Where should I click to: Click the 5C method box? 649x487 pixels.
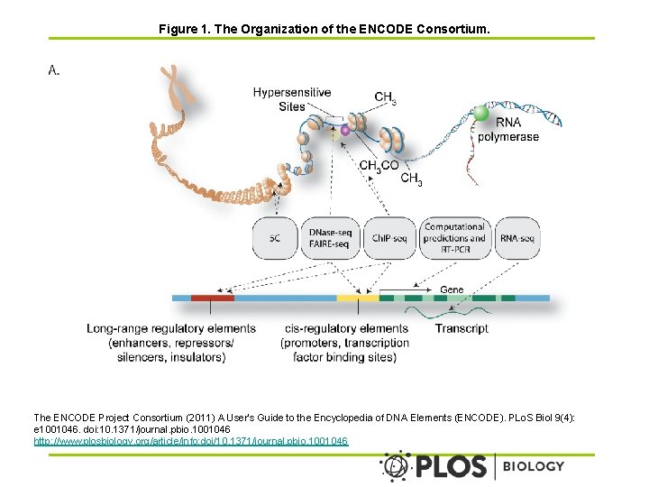(x=275, y=238)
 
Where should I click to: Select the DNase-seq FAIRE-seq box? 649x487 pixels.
(x=330, y=238)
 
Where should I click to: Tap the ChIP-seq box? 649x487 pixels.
(x=389, y=238)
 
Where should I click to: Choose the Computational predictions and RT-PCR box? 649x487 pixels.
(x=455, y=238)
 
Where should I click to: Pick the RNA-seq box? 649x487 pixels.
(x=517, y=238)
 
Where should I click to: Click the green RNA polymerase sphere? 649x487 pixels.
(x=480, y=113)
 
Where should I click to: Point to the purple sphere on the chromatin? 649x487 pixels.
(x=344, y=131)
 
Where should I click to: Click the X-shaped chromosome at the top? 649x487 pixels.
(x=178, y=85)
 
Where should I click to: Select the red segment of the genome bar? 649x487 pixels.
(x=213, y=298)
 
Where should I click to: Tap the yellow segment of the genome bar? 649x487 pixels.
(x=358, y=298)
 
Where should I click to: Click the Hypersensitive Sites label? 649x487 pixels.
(x=292, y=99)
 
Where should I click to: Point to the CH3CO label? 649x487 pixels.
(x=379, y=166)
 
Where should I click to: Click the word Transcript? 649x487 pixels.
(x=462, y=328)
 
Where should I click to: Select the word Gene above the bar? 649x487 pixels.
(x=452, y=289)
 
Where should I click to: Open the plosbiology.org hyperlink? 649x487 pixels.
(x=191, y=441)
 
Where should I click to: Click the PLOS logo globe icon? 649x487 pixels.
(x=396, y=466)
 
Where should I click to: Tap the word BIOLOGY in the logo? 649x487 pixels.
(x=533, y=466)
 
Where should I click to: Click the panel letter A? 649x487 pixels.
(x=54, y=70)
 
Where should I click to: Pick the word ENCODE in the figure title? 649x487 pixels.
(x=386, y=29)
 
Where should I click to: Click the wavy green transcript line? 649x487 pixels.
(x=447, y=311)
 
